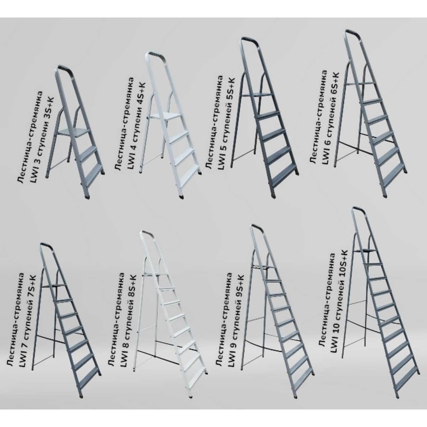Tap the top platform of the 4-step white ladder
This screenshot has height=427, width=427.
tap(164, 116)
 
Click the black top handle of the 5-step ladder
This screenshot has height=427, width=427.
tap(249, 41)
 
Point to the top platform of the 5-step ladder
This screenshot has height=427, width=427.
tap(257, 94)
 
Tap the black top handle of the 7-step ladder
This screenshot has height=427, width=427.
tap(47, 246)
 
